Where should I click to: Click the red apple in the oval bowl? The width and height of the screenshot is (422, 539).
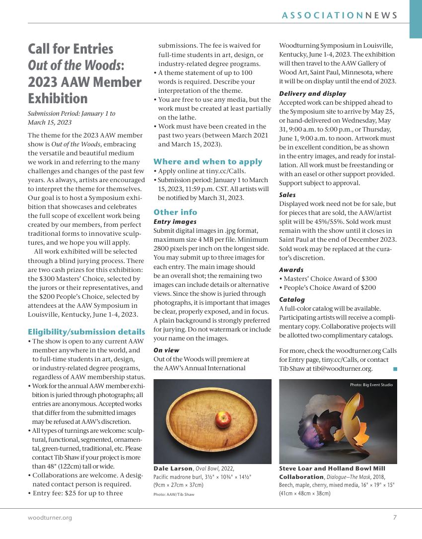point(223,419)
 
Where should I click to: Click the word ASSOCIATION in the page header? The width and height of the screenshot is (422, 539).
point(322,15)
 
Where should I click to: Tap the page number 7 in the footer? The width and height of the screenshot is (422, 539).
point(395,518)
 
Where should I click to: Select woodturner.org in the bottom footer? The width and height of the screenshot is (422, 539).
point(50,518)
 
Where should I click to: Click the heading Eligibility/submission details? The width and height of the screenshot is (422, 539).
point(86,332)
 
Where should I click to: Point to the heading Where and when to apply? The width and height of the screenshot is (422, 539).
point(208,161)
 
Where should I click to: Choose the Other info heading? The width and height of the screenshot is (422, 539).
point(175,212)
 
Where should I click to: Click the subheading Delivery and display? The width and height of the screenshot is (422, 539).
point(312,94)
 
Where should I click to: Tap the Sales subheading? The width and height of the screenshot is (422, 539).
point(287,195)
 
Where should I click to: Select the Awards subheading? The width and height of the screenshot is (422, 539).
point(291,270)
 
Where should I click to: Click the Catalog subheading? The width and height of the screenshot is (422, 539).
point(292,300)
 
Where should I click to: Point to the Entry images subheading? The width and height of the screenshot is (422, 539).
point(175,222)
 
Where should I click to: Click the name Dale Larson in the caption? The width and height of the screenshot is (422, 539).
point(172,469)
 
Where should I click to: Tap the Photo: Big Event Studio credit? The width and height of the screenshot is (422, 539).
point(371,385)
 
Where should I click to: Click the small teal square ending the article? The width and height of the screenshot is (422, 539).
point(395,368)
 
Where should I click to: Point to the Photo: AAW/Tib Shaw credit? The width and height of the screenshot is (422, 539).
point(174,495)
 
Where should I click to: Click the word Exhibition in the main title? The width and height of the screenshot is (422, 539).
point(58,98)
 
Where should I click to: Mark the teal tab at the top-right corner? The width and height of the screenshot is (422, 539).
point(415,19)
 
